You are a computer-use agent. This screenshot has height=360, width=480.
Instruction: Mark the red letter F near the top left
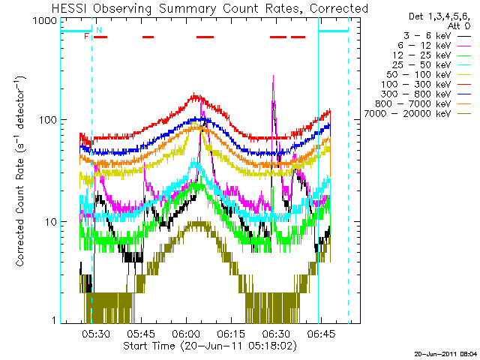click(x=87, y=36)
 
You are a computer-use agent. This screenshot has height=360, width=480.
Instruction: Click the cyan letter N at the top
click(x=98, y=30)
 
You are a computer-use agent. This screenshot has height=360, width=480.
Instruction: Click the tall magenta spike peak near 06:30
click(x=273, y=76)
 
